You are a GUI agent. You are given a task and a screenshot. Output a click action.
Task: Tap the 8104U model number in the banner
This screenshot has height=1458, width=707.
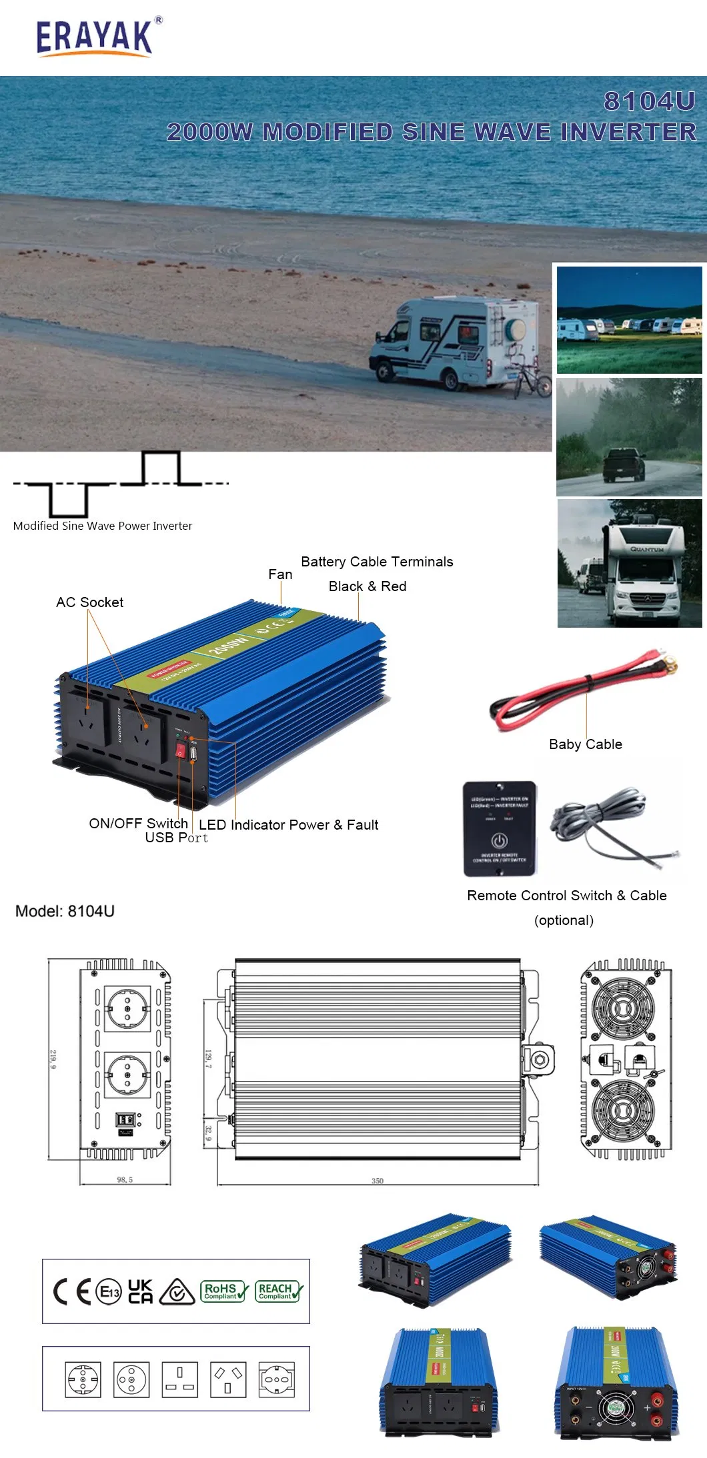[x=649, y=101]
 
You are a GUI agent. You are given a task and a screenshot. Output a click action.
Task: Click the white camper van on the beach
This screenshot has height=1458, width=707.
[x=454, y=341]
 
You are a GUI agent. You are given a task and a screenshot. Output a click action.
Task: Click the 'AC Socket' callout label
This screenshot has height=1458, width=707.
[x=89, y=602]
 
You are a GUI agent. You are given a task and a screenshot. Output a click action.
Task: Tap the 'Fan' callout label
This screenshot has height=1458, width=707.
[x=280, y=574]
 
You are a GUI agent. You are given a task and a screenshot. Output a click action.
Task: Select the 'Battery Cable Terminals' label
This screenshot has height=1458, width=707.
[x=377, y=562]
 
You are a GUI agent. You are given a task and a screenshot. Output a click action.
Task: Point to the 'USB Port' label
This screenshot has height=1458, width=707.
[x=177, y=838]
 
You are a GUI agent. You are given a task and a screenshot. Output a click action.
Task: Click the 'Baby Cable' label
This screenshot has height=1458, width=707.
[x=585, y=744]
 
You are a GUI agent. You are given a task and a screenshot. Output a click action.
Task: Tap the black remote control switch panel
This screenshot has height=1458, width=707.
[x=500, y=828]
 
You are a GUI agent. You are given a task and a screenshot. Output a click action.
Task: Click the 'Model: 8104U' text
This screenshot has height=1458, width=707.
[x=65, y=911]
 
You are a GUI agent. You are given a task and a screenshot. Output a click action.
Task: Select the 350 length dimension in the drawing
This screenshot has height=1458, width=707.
[x=378, y=1181]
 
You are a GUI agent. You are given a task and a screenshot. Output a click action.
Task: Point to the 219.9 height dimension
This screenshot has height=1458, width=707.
[x=53, y=1059]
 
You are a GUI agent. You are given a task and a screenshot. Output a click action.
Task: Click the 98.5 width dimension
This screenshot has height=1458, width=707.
[x=125, y=1179]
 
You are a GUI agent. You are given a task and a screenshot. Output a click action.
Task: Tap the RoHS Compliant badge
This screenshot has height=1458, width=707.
[x=224, y=1291]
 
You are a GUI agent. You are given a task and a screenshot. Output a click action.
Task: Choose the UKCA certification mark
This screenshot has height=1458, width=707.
[x=140, y=1291]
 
